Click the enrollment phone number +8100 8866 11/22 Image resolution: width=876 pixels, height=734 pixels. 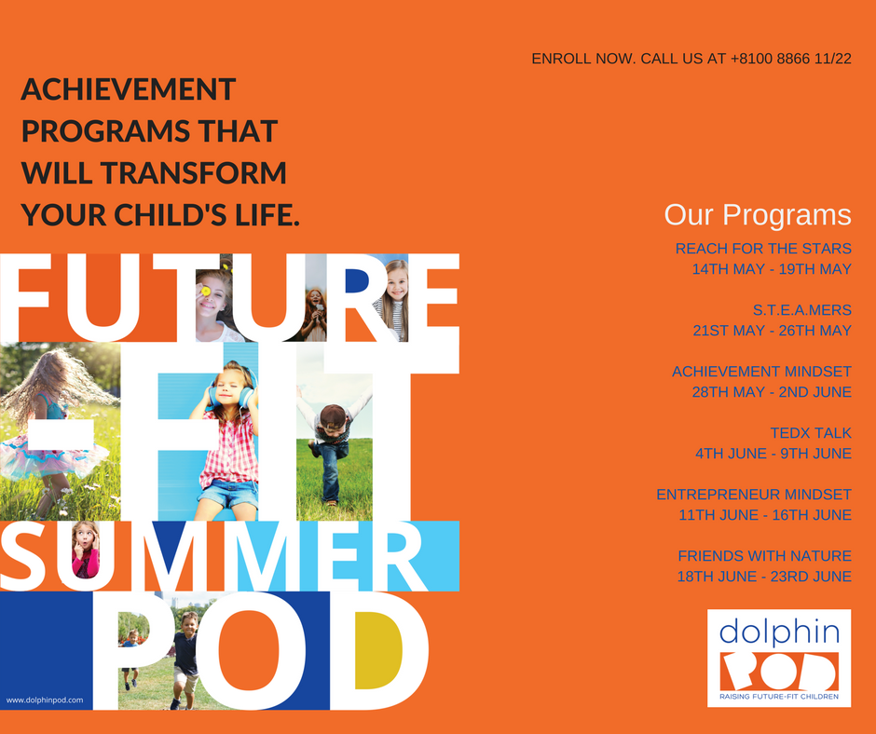tap(790, 59)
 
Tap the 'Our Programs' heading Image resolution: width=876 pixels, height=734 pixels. tap(758, 215)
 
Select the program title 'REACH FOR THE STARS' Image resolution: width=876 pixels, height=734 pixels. tap(763, 249)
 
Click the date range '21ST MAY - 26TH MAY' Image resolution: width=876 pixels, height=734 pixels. tap(772, 331)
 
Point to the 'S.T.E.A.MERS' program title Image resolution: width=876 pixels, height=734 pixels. tap(802, 310)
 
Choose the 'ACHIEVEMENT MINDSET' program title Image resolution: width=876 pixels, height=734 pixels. tap(761, 372)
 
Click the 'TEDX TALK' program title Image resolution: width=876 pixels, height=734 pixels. tap(811, 433)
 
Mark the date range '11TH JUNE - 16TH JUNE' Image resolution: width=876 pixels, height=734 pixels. tap(765, 515)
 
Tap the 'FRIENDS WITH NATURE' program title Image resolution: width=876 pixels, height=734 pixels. tap(764, 556)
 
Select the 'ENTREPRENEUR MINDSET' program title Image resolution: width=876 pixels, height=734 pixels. tap(754, 495)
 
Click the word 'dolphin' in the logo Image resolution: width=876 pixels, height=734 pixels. tap(779, 632)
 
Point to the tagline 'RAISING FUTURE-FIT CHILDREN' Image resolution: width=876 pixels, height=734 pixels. tap(779, 697)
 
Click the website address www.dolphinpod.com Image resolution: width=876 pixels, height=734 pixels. tap(45, 700)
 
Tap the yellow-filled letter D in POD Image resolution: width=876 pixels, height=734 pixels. tap(377, 651)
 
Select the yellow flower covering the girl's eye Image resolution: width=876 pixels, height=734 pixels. tap(206, 291)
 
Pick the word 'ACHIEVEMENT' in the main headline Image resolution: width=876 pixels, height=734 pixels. tap(129, 89)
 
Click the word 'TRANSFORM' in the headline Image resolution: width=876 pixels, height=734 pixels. tap(194, 172)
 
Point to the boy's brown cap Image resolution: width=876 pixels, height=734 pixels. tap(332, 415)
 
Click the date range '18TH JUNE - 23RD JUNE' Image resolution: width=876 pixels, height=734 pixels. tap(764, 577)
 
